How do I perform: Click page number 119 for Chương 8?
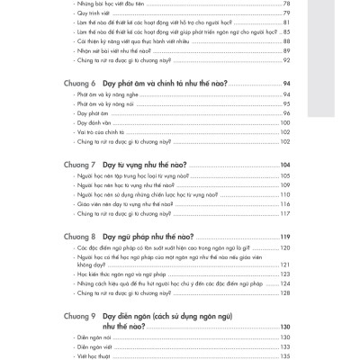pyautogui.click(x=284, y=236)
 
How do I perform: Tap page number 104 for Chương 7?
pyautogui.click(x=284, y=166)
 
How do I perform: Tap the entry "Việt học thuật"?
pyautogui.click(x=97, y=356)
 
